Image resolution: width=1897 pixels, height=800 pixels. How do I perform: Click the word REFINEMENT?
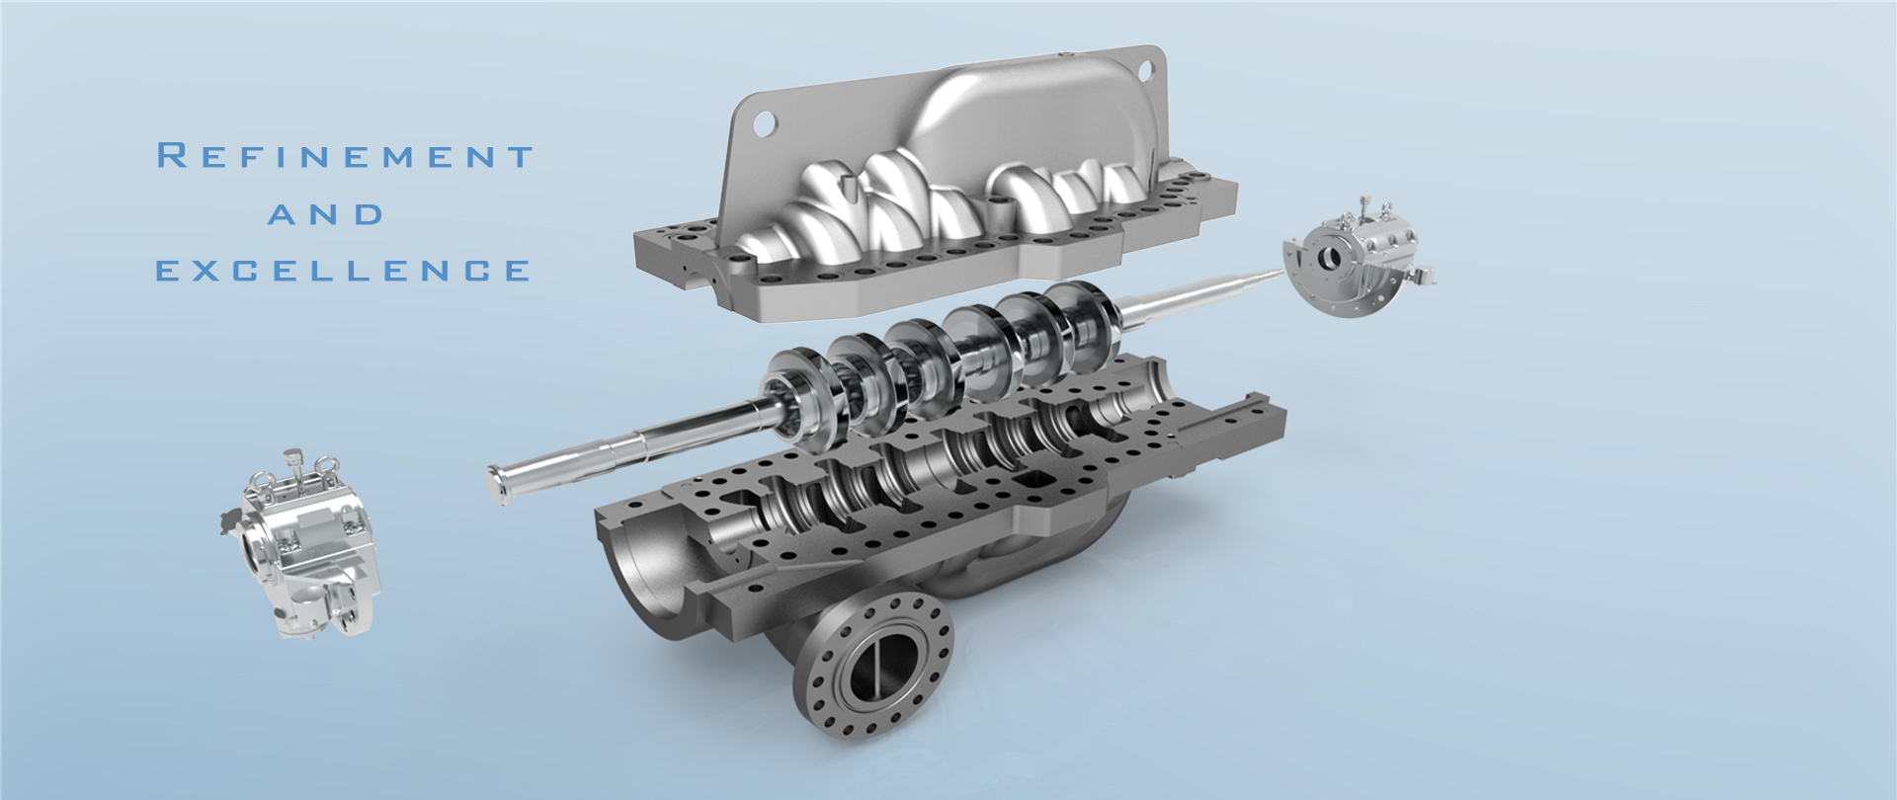coord(346,156)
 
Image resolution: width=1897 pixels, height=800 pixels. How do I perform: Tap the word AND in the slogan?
coord(326,214)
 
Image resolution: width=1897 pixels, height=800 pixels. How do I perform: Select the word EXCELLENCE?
coord(344,271)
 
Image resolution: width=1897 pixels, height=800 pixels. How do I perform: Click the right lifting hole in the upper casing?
coord(1146,70)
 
